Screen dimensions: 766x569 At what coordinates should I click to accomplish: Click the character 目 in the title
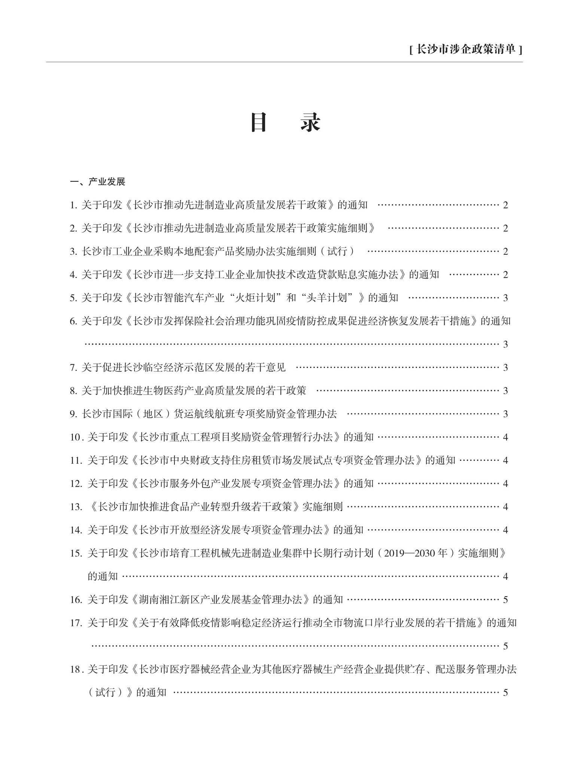(258, 122)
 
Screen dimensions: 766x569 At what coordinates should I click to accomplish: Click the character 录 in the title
(311, 122)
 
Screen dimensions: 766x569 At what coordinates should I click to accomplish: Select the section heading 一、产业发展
(97, 182)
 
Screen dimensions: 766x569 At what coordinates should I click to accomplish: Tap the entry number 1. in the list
(73, 205)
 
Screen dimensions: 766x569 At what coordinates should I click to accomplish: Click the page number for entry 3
(505, 252)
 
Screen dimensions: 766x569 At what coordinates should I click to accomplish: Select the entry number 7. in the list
(73, 368)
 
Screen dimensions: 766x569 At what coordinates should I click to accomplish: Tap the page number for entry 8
(505, 391)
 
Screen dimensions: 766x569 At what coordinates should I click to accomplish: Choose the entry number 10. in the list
(76, 437)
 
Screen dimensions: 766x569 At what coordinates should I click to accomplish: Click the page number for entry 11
(505, 460)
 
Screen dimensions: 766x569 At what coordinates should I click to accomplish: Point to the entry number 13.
(76, 507)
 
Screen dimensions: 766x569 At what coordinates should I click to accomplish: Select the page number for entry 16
(505, 600)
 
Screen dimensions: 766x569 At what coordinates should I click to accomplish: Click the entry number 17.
(76, 623)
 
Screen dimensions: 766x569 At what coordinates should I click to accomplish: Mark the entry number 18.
(76, 670)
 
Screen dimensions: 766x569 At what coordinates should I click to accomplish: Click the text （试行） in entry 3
(341, 252)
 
